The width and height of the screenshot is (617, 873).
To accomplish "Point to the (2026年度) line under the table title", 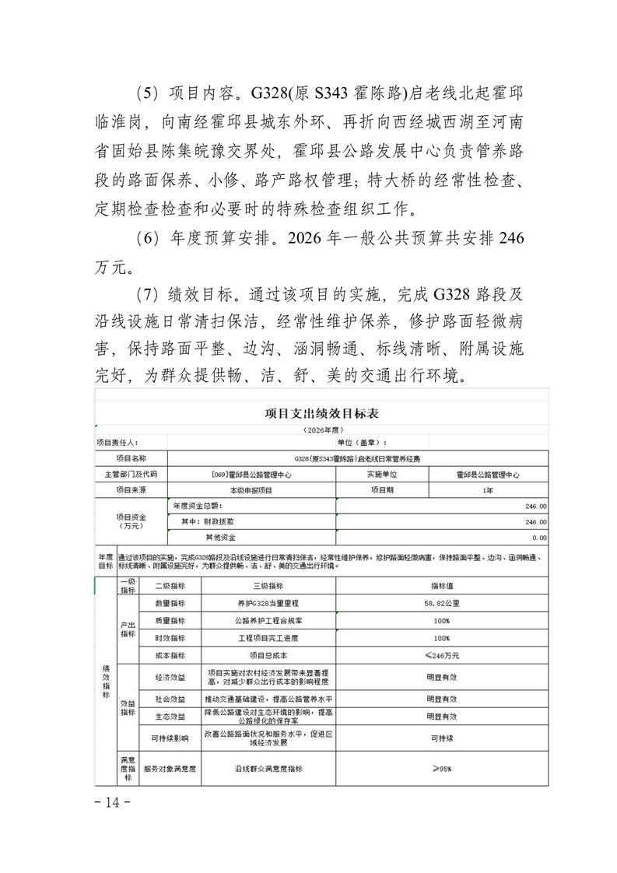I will (321, 429).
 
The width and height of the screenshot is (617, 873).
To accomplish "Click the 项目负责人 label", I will (117, 443).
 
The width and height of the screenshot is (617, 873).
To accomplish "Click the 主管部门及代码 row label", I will (130, 474).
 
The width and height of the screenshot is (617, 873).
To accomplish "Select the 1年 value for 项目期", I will (487, 490).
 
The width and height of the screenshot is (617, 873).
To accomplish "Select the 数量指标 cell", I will (170, 603).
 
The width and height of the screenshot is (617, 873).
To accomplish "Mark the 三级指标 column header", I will (268, 586).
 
